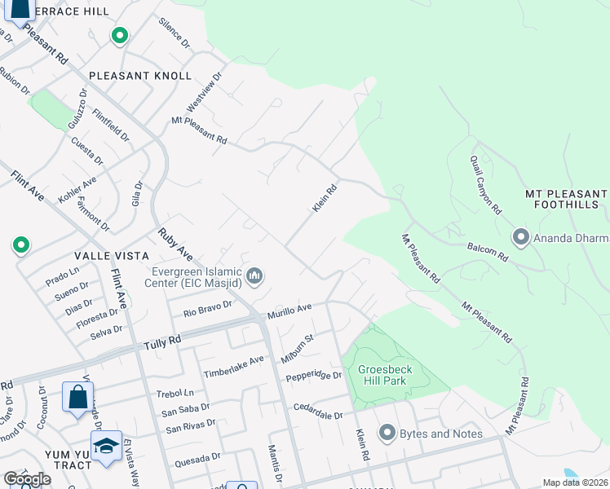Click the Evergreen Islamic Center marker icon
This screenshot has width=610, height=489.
255,278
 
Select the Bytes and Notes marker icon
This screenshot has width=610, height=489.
387,433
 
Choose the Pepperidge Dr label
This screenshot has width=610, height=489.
314,376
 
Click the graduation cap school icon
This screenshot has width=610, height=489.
106,446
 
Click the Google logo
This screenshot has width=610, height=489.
27,479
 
